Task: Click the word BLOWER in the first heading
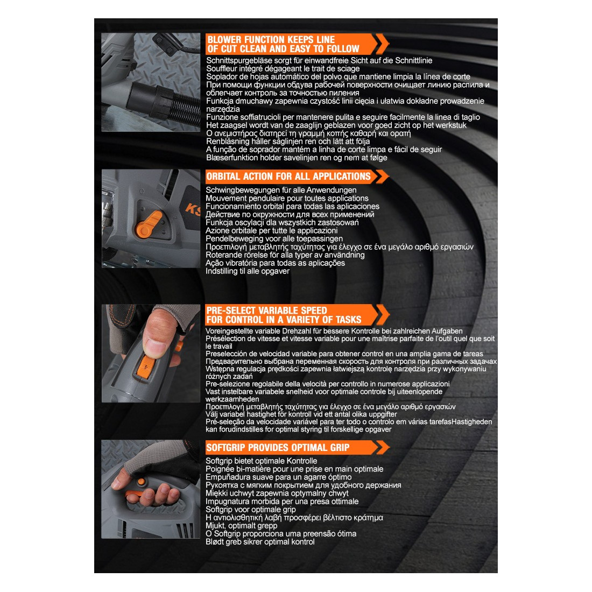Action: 224,40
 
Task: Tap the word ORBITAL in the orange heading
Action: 223,177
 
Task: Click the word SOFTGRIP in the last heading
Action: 225,447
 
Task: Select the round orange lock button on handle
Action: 141,482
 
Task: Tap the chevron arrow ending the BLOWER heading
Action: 382,44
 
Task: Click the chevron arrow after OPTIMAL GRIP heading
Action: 382,447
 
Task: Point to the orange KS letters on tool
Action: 193,209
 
